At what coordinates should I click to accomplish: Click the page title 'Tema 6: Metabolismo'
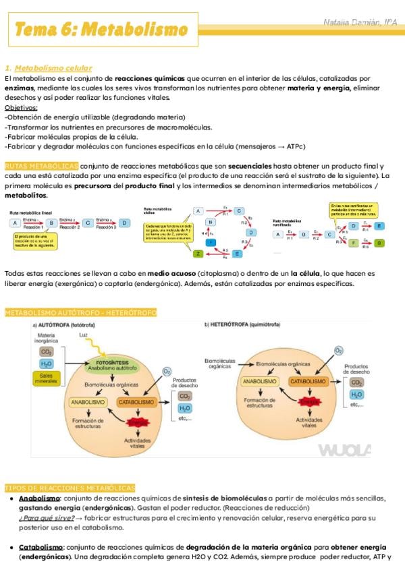[x=101, y=30]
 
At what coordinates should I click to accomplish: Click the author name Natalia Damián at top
[x=359, y=23]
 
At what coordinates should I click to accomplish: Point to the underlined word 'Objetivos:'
[x=21, y=107]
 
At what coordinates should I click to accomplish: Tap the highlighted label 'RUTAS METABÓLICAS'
[x=41, y=166]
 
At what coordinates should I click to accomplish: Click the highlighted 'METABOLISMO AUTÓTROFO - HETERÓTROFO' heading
[x=80, y=313]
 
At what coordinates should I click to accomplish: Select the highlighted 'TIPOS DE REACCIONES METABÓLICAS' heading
[x=70, y=488]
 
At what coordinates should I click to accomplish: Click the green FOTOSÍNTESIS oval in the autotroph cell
[x=113, y=365]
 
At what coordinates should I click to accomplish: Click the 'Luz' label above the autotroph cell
[x=83, y=335]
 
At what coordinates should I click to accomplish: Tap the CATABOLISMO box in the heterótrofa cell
[x=308, y=381]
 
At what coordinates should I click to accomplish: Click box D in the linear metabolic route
[x=124, y=222]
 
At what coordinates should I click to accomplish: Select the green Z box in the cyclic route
[x=198, y=254]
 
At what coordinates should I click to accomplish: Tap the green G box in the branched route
[x=379, y=243]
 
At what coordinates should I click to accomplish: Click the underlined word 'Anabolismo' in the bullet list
[x=39, y=498]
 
